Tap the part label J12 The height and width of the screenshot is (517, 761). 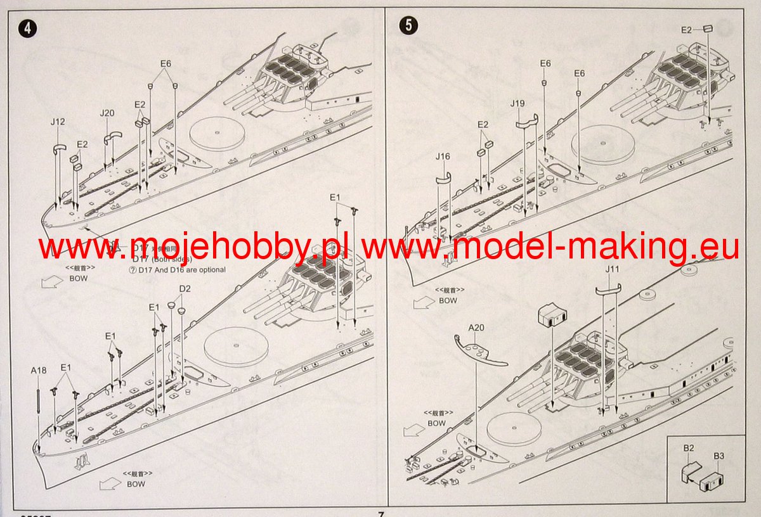(x=57, y=121)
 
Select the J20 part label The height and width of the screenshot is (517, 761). (x=107, y=113)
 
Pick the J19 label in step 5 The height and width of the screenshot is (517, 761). (x=517, y=103)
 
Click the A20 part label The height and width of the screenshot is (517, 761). (x=476, y=328)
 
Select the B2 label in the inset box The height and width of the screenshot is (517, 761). (x=688, y=448)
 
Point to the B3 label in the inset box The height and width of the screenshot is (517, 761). (x=719, y=456)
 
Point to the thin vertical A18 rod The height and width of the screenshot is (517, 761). (x=39, y=412)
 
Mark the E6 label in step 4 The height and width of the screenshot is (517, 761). (x=166, y=64)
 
